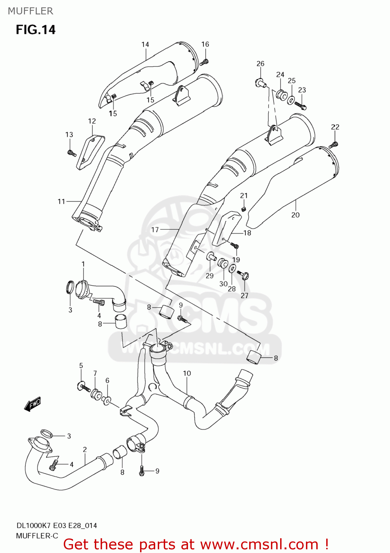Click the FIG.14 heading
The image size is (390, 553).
pos(35,29)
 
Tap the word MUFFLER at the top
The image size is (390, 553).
pos(30,11)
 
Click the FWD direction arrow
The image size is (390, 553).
pos(32,404)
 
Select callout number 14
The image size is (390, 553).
pos(145,45)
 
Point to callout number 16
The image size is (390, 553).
pos(205,44)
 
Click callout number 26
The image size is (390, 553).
pos(260,63)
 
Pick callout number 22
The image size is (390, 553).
pos(335,127)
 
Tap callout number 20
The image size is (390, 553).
pos(295,215)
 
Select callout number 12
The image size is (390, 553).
pos(92,121)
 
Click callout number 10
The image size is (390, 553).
pos(187,373)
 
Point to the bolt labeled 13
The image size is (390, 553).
pos(72,153)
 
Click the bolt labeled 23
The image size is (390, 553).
pos(301,106)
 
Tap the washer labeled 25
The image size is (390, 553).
pos(291,100)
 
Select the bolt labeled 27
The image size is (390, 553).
pos(244,275)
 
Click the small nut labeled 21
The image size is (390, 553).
pos(243,209)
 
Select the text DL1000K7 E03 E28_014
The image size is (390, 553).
pos(56,525)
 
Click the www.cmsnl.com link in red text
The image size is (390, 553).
pos(259,544)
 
